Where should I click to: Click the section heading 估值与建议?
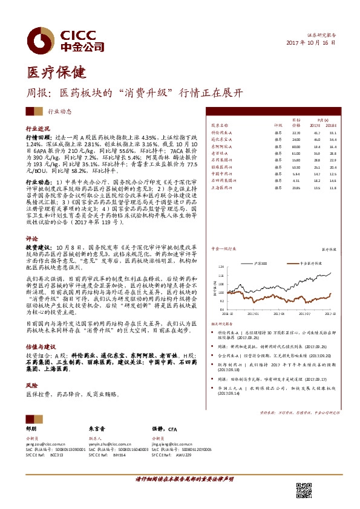(40, 347)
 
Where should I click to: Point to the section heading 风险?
(31, 384)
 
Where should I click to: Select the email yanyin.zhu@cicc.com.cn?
(113, 444)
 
